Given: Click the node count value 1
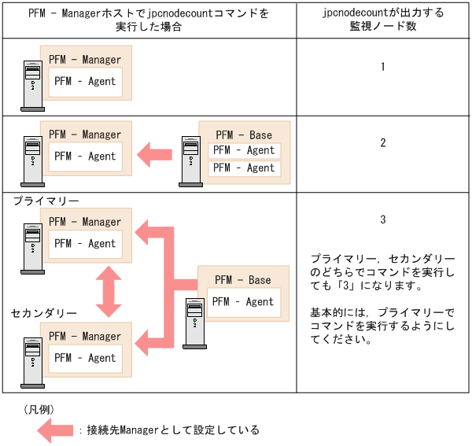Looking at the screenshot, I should tap(382, 67).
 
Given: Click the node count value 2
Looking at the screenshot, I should tap(382, 143).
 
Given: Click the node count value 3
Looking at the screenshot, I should tap(382, 219).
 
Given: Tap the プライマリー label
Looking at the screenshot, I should tap(46, 201).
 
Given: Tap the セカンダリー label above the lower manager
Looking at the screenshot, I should tap(44, 313).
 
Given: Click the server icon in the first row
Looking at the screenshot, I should tap(32, 86).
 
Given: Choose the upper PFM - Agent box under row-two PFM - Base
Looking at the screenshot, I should tap(244, 150).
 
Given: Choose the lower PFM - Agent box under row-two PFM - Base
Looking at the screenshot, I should tap(244, 168).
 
